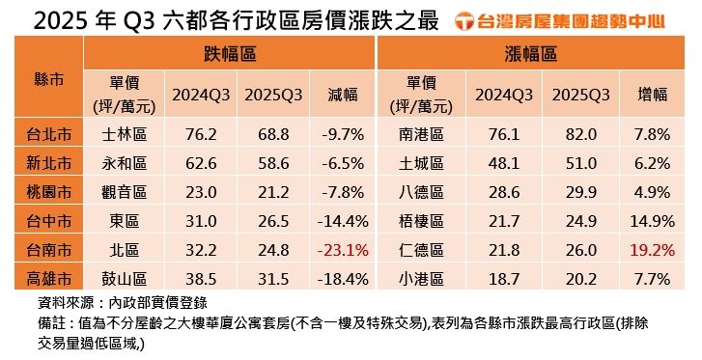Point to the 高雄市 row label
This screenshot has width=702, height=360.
coord(48,280)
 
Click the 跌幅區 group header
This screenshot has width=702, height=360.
coord(229,54)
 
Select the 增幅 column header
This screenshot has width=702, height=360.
coord(653,95)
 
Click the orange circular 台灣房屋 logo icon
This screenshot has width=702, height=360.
coord(465,19)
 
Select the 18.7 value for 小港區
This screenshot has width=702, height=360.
coord(502,280)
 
